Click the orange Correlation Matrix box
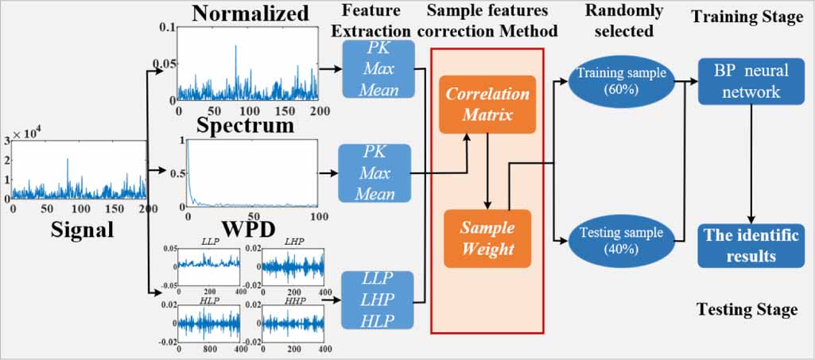pos(487,104)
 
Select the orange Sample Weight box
pos(487,238)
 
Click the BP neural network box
pos(744,81)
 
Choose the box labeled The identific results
pos(744,246)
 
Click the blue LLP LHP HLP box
pos(378,300)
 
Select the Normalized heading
pos(250,14)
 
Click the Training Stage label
pos(747,17)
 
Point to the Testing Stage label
pos(747,309)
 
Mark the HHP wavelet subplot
pos(293,322)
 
